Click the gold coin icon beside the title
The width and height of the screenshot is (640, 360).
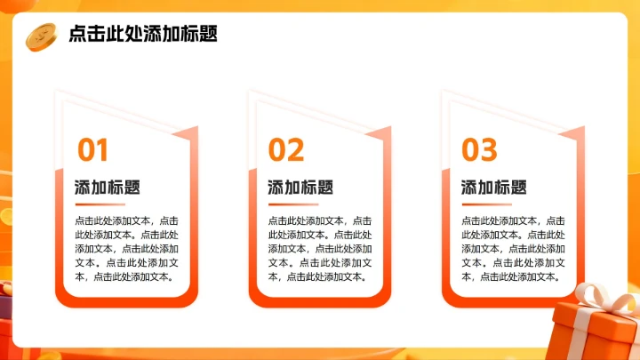pos(41,35)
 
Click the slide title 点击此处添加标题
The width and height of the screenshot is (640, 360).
pos(142,34)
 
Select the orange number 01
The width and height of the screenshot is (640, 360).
pos(92,150)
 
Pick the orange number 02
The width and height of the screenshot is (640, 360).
pos(286,150)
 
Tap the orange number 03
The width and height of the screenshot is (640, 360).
pos(479,150)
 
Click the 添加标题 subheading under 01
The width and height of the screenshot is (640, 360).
pos(108,188)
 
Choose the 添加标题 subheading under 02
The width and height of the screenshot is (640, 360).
pos(300,188)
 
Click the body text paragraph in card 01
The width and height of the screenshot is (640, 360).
pos(127,248)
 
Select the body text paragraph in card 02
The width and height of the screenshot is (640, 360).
pos(320,248)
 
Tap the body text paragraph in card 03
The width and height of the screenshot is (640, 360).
pos(513,248)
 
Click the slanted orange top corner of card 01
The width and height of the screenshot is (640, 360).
pos(187,134)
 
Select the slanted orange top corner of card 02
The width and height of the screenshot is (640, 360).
pos(380,134)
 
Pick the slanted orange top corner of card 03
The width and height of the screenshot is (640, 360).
pos(573,134)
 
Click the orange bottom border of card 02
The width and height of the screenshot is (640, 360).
pos(320,301)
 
